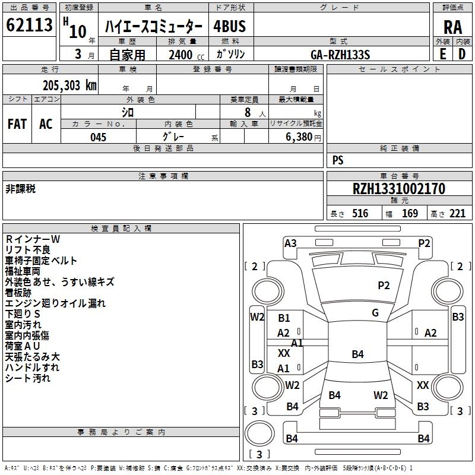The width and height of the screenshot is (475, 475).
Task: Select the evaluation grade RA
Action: coord(452,27)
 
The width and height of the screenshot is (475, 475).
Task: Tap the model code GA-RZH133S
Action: coord(340,55)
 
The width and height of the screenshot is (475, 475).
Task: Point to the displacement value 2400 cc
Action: coord(185,55)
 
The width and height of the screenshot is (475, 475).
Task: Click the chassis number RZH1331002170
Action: coord(398,189)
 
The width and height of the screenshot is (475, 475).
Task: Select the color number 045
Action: coord(98,137)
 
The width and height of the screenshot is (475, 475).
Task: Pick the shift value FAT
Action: coord(17,124)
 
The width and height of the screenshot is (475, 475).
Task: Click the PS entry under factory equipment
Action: coord(338,160)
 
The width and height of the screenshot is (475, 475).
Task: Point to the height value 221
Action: coord(457,214)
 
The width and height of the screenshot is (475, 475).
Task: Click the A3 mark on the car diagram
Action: coord(290,243)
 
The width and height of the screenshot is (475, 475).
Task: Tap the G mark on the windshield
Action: coord(375,313)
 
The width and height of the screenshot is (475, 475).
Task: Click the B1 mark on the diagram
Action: coord(284,318)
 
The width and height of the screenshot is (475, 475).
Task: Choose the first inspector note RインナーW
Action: coord(33,239)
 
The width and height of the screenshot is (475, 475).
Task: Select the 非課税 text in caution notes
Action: coord(20,189)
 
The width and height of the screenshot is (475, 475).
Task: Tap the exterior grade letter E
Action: coord(442,54)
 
